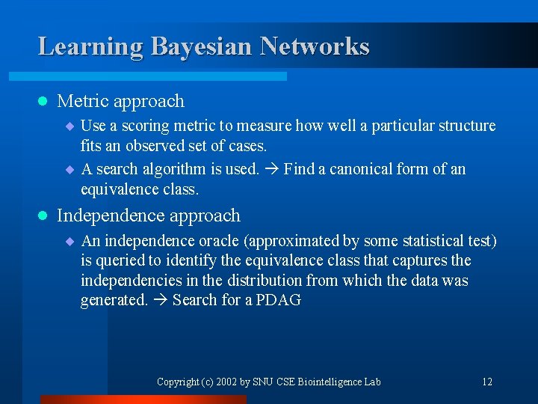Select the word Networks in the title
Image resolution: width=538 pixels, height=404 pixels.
coord(315,46)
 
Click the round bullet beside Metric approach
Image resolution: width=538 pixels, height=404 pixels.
coord(43,101)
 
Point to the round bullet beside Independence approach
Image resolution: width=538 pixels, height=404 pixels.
coord(43,216)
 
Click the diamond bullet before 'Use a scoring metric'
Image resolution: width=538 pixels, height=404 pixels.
coord(69,126)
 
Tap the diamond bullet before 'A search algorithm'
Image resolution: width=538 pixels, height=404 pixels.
coord(69,170)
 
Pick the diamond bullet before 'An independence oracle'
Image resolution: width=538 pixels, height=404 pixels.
coord(69,242)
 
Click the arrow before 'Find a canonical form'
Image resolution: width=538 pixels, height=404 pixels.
coord(271,170)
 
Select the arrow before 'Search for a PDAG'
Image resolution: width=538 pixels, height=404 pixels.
coord(160,301)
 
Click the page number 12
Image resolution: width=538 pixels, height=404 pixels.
coord(486,382)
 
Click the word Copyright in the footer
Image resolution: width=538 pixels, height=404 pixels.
coord(178,382)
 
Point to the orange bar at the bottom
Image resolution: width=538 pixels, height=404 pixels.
coord(142,400)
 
